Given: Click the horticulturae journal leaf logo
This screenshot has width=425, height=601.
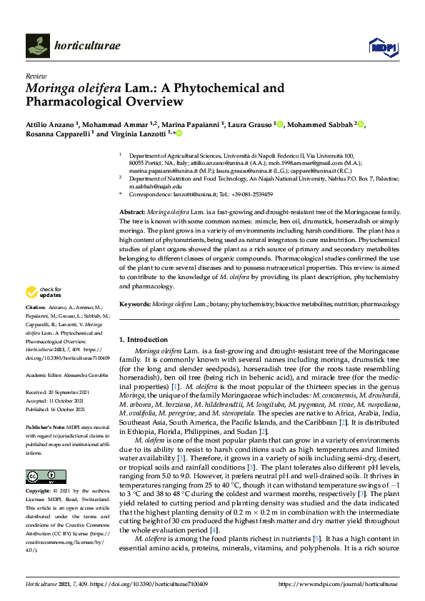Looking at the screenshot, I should pos(38,46).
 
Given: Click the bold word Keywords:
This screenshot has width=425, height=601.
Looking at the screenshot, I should pos(134,304).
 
